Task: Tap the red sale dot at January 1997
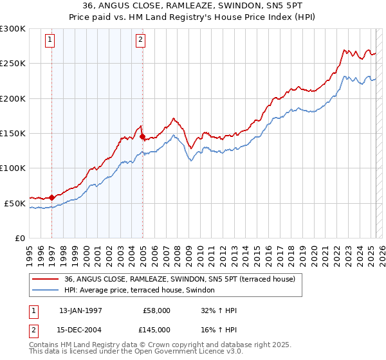(x=51, y=197)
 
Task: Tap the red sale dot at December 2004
(x=142, y=136)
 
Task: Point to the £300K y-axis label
(x=12, y=29)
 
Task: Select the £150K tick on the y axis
(x=12, y=134)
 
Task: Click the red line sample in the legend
(x=45, y=279)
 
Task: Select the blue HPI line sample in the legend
(x=45, y=291)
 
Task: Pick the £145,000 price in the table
(x=156, y=330)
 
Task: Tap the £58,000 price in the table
(x=156, y=310)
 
